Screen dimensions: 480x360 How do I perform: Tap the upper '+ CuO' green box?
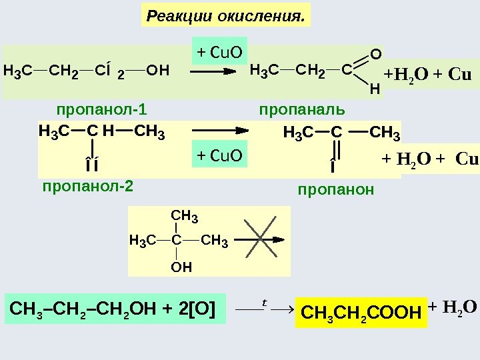tap(219, 51)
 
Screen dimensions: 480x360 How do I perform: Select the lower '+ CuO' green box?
tap(219, 155)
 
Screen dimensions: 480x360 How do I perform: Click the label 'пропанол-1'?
tap(102, 109)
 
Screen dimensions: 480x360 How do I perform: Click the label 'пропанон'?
tap(337, 190)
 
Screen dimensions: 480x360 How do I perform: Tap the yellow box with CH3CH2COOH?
tap(362, 311)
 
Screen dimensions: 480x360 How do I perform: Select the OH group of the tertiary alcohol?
tap(181, 267)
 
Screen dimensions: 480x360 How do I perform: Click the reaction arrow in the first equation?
tap(211, 69)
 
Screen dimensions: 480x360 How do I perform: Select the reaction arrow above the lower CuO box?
tap(220, 131)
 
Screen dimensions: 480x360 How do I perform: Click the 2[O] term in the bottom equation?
tap(197, 309)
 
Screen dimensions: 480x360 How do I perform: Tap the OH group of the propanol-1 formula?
tap(157, 69)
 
